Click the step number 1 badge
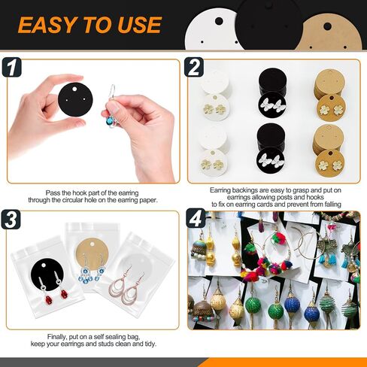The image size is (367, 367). (x=11, y=67)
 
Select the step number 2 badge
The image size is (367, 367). (x=194, y=67)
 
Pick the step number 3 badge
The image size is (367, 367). (x=11, y=220)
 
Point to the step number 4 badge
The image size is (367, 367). (x=196, y=218)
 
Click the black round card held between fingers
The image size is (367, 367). (x=75, y=99)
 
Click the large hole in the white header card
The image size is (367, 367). (x=219, y=21)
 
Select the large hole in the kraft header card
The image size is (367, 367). (x=327, y=26)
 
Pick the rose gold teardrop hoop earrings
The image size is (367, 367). (x=127, y=285)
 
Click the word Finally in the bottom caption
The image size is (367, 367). (x=57, y=336)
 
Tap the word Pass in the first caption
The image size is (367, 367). (x=53, y=193)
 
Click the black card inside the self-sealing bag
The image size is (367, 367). (x=47, y=275)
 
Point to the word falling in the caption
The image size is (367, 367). (x=330, y=205)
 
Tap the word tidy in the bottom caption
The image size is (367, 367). (x=150, y=344)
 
